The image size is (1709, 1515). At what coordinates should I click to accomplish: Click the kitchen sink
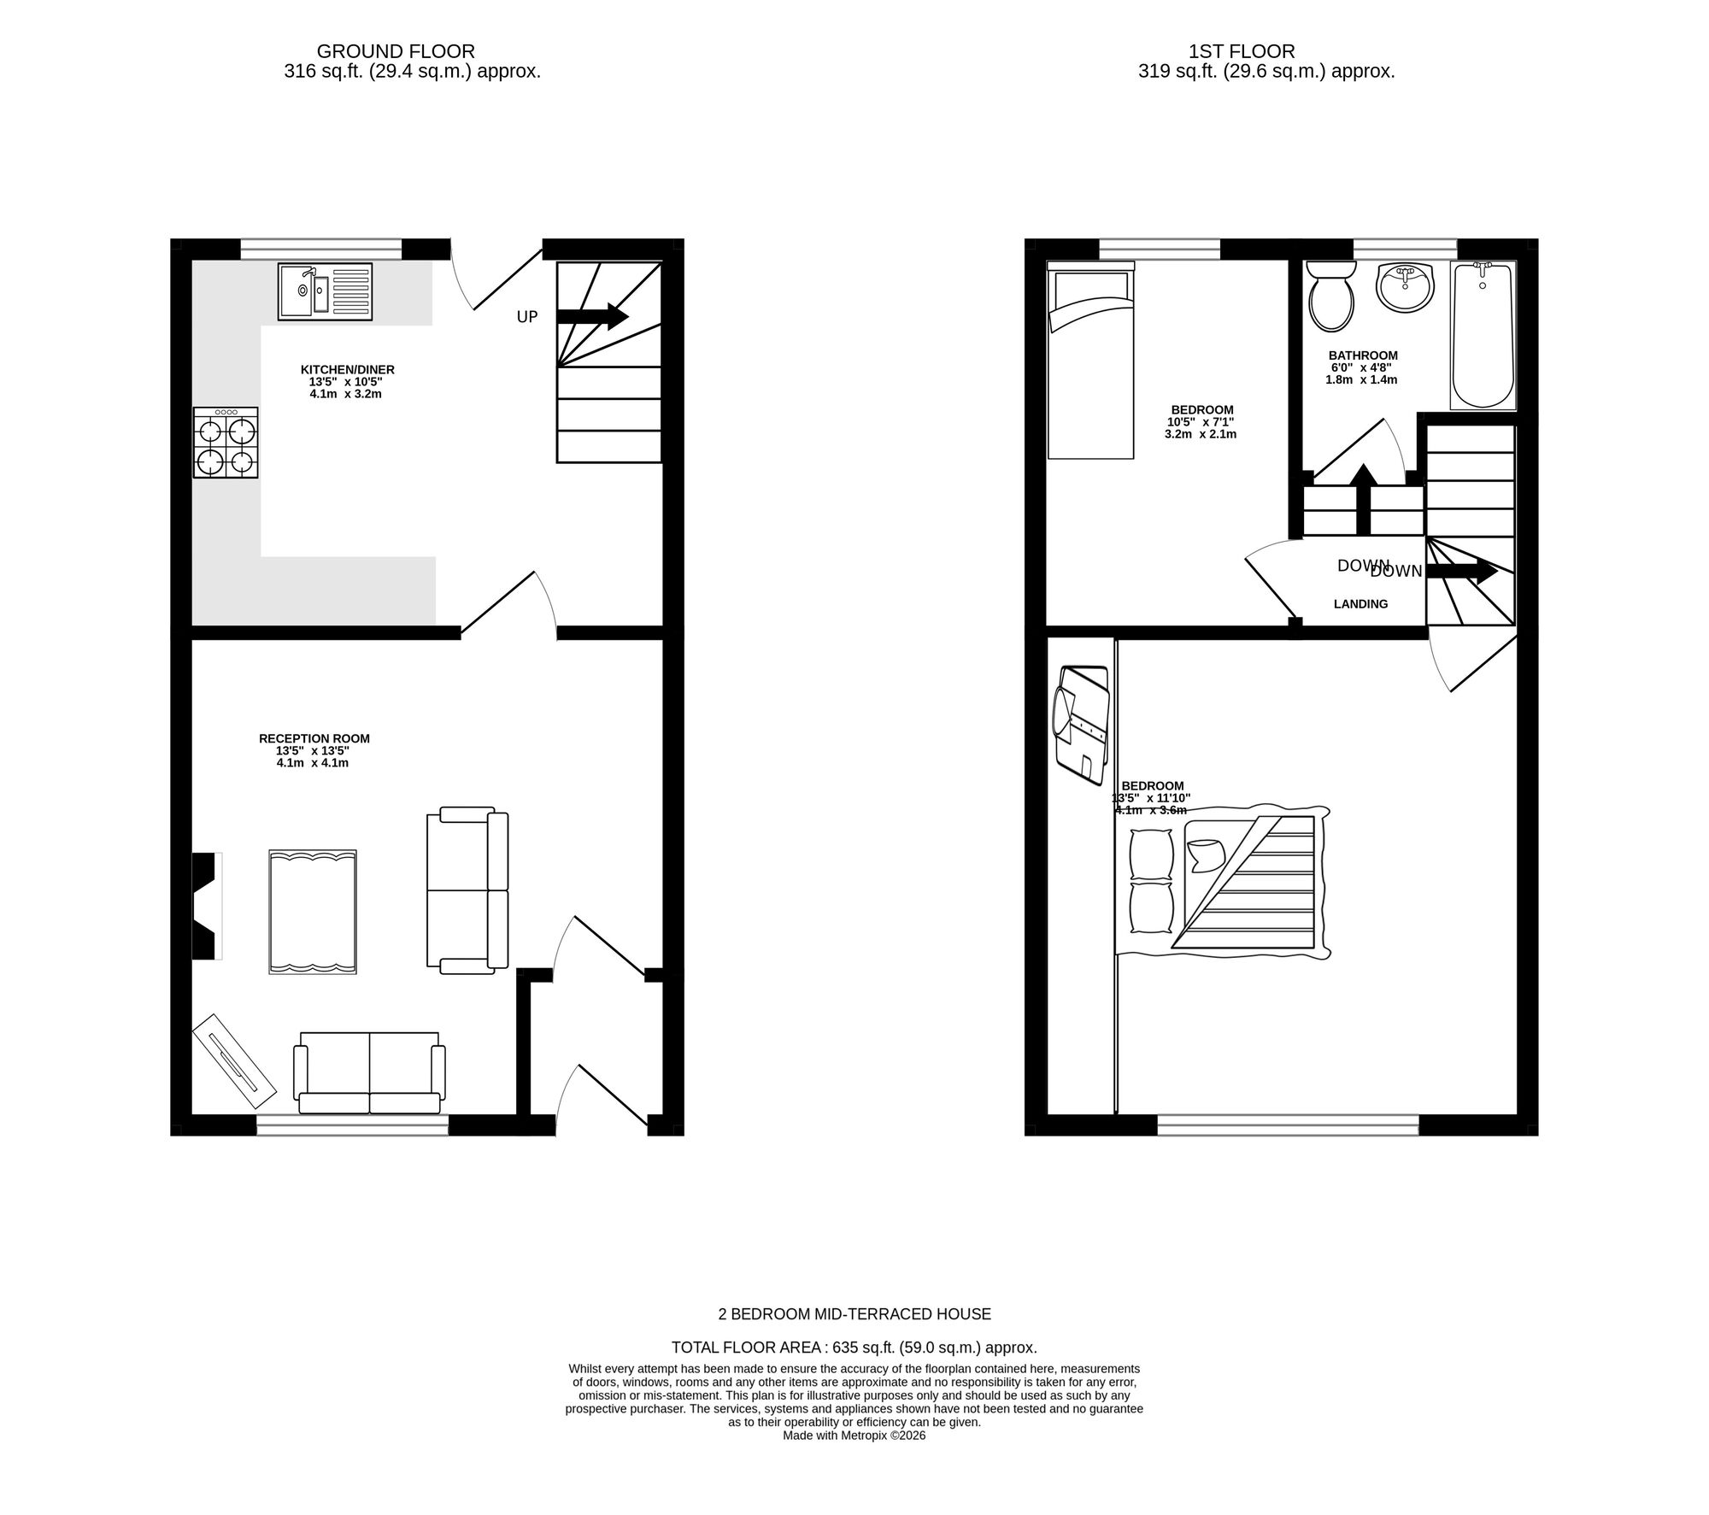click(325, 291)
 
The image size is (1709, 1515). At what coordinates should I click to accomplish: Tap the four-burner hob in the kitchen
click(226, 443)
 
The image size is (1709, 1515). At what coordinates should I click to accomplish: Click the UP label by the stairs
click(527, 317)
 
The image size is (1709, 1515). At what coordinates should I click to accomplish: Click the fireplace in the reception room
click(205, 906)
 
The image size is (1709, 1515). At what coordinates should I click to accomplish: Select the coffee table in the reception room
click(313, 912)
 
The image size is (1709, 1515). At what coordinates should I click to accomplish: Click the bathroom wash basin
click(1405, 287)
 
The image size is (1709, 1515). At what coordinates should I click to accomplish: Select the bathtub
click(1483, 335)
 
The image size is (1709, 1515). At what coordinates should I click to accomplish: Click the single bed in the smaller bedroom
click(1090, 364)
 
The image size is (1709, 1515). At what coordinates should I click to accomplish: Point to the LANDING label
click(1360, 604)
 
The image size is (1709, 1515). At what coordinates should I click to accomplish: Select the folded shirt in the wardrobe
click(1082, 726)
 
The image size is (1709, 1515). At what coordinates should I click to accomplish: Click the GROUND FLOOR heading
click(396, 52)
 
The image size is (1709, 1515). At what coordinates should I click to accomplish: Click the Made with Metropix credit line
click(854, 1436)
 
